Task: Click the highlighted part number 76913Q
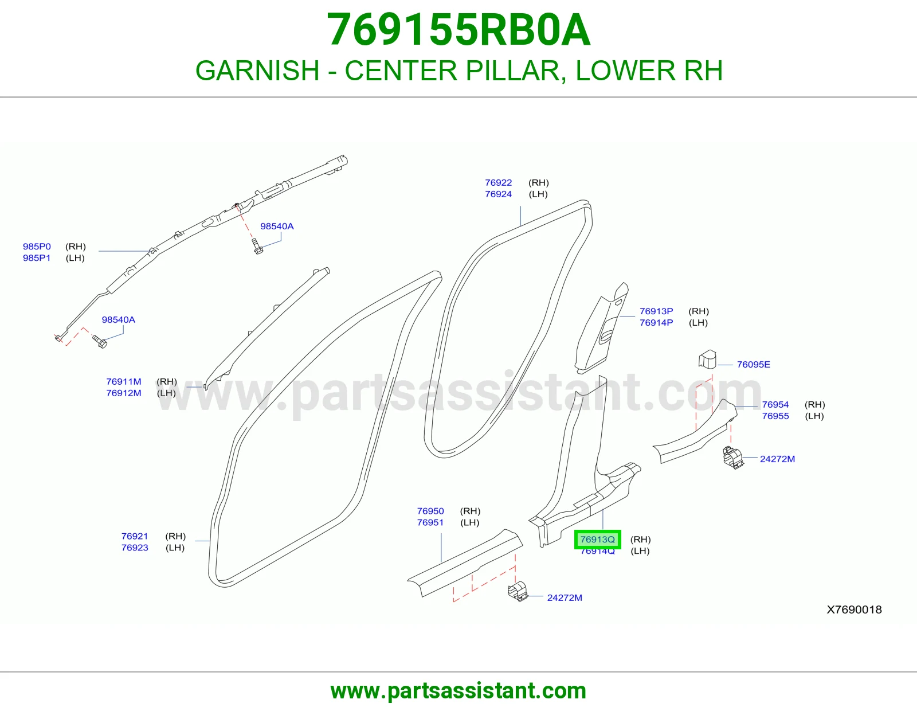597,539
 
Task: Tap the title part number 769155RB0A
458,30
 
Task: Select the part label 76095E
753,364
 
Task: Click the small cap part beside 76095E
707,360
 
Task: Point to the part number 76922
498,182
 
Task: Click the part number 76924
498,194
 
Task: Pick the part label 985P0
37,246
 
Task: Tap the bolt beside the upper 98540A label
257,246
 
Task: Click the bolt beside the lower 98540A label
100,342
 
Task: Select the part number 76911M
124,381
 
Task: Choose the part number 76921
135,536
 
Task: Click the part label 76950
430,511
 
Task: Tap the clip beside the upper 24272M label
733,458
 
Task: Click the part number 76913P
656,311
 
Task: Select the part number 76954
775,404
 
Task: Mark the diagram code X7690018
854,610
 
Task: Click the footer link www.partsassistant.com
458,691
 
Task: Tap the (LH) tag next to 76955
814,416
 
